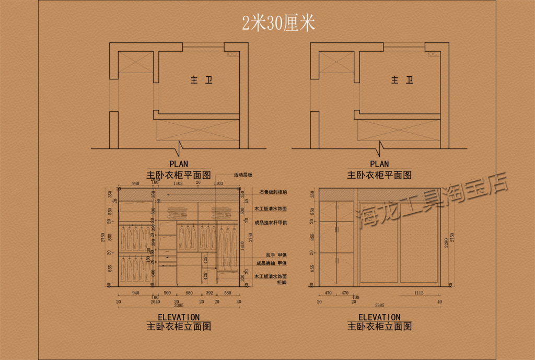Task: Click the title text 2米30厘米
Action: (278, 23)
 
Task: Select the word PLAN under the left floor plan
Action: (179, 164)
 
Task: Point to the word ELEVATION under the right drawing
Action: (379, 317)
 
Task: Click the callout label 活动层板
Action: (243, 175)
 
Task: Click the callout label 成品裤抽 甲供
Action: (271, 263)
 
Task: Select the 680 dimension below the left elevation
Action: (189, 293)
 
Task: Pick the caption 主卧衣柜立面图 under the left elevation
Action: (179, 327)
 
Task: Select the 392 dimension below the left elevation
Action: (210, 293)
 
